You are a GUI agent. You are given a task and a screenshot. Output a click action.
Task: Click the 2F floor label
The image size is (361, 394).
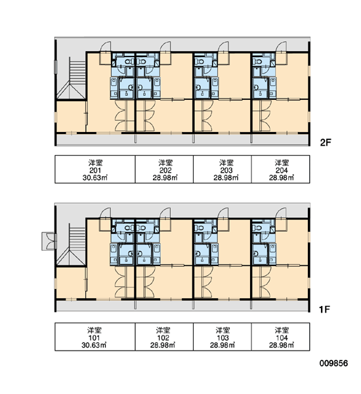(326, 142)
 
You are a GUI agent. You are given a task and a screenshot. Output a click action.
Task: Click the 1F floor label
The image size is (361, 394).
(324, 309)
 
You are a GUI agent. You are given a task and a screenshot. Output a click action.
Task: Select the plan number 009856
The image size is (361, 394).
(333, 363)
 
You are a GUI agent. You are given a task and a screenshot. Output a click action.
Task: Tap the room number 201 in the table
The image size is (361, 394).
(95, 170)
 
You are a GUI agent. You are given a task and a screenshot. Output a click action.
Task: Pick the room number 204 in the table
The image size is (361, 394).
(282, 170)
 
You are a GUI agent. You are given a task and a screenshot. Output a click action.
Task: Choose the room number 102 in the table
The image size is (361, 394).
(163, 338)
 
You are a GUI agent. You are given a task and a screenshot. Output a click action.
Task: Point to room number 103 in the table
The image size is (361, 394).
(223, 338)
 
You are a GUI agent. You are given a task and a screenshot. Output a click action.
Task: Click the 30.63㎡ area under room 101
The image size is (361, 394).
(94, 345)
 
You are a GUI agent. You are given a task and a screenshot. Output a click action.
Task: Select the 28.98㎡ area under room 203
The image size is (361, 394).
(226, 178)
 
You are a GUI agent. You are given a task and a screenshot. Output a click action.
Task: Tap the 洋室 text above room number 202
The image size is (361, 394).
(165, 163)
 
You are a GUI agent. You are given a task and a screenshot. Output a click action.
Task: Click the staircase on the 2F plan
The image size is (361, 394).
(77, 78)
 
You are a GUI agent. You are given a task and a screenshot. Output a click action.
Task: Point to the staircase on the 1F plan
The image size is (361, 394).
(77, 244)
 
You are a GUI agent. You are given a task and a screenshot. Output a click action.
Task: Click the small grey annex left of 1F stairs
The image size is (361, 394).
(49, 241)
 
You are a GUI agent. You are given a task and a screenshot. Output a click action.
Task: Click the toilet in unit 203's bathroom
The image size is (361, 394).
(201, 61)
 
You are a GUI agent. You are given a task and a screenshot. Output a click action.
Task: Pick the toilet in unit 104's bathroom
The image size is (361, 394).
(259, 228)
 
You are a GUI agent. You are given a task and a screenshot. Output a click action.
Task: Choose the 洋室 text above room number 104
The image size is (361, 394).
(282, 330)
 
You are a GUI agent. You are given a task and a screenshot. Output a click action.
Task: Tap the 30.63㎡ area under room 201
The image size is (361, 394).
(95, 178)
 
